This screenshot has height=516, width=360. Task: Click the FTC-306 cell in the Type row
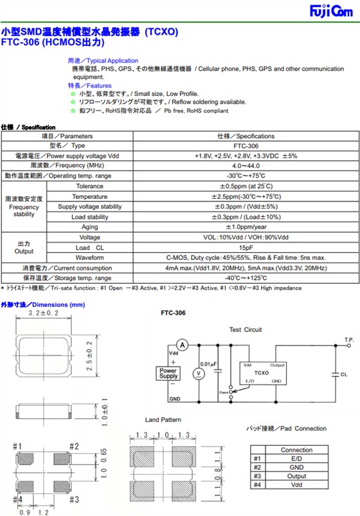tap(246, 146)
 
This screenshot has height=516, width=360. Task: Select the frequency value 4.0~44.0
tap(246, 166)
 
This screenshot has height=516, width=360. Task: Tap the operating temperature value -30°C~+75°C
tap(246, 176)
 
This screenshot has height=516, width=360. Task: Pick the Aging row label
tap(90, 227)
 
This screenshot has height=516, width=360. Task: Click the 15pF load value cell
tap(246, 248)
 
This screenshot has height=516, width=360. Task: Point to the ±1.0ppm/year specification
tap(246, 227)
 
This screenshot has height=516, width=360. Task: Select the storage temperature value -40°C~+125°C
tap(246, 278)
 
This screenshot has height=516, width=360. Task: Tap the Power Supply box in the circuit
tap(168, 373)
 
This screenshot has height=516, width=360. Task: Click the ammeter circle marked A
tap(182, 346)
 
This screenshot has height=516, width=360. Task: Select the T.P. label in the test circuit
tap(348, 339)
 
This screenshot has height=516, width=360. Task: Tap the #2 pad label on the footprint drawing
tap(74, 447)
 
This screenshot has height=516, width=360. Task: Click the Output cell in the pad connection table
tap(296, 476)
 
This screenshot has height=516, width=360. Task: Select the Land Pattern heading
tap(163, 419)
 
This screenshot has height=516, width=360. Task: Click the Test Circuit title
tap(246, 329)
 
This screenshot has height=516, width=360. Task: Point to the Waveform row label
tap(90, 257)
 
